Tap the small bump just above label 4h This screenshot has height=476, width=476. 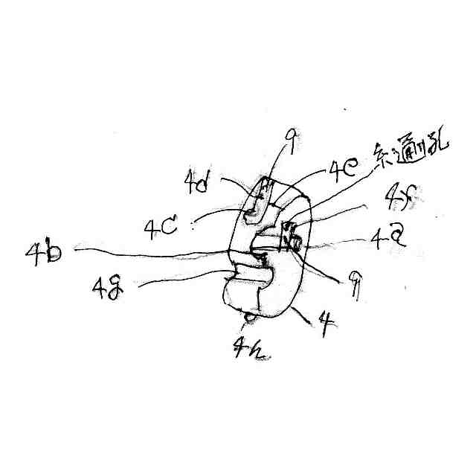(249, 318)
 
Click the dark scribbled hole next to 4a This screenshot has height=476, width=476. (291, 240)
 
